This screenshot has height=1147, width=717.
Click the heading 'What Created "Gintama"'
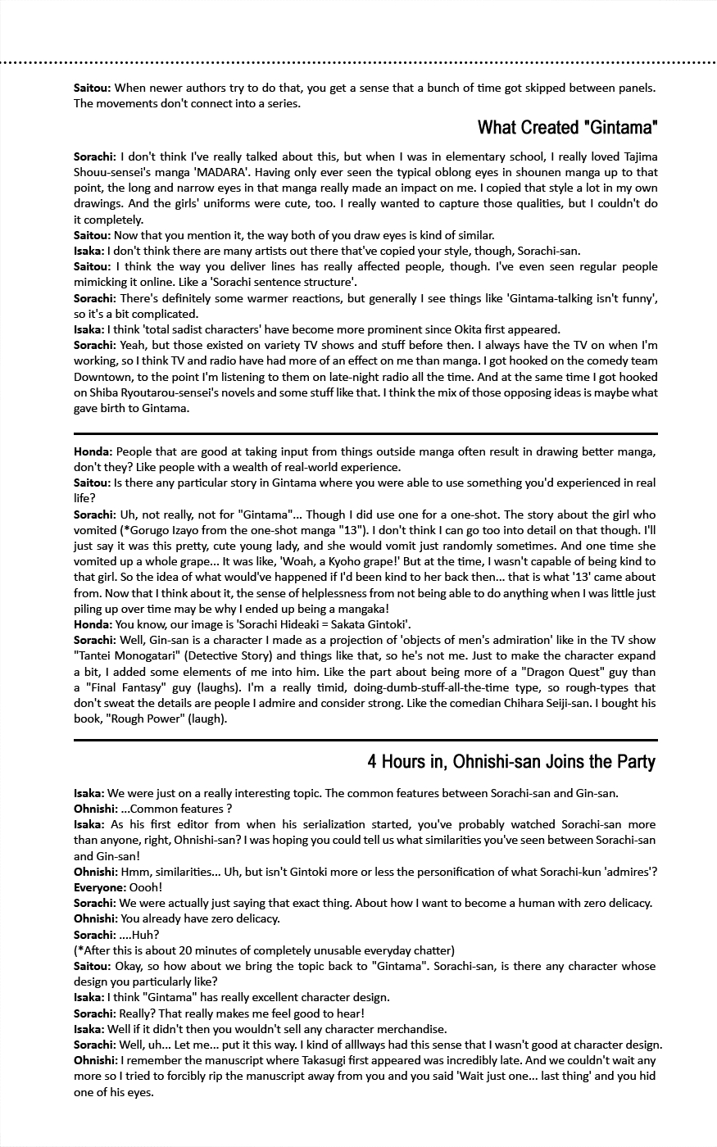pyautogui.click(x=567, y=128)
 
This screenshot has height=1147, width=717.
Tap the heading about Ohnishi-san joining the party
pyautogui.click(x=511, y=762)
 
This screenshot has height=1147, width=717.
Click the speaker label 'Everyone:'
pyautogui.click(x=99, y=887)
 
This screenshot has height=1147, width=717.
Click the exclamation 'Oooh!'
pyautogui.click(x=146, y=887)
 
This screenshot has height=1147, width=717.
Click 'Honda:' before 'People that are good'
pyautogui.click(x=93, y=451)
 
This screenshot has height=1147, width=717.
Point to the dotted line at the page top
pyautogui.click(x=358, y=61)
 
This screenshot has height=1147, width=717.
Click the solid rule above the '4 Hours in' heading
pyautogui.click(x=365, y=740)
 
